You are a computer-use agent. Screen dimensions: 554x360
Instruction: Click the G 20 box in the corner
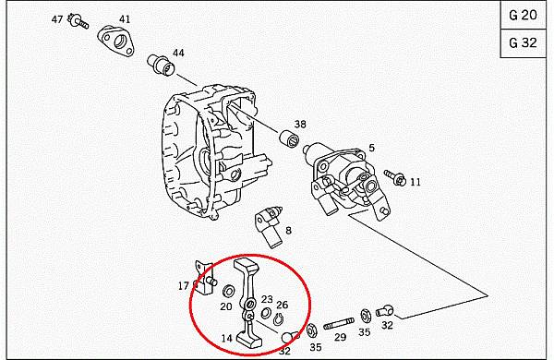pyautogui.click(x=523, y=15)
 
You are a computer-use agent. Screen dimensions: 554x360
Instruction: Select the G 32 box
pyautogui.click(x=523, y=43)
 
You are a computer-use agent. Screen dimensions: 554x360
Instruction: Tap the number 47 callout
pyautogui.click(x=57, y=19)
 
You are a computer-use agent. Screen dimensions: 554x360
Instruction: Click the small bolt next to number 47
pyautogui.click(x=78, y=21)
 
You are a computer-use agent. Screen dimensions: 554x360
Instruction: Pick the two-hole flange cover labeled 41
pyautogui.click(x=115, y=42)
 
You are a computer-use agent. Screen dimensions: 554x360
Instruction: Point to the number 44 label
pyautogui.click(x=178, y=53)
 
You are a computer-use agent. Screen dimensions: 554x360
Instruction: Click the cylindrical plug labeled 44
pyautogui.click(x=161, y=65)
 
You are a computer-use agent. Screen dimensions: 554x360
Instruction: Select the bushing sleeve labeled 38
pyautogui.click(x=289, y=139)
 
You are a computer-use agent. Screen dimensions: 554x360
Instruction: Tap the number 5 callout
pyautogui.click(x=371, y=148)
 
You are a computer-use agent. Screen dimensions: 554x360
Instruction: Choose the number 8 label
pyautogui.click(x=289, y=231)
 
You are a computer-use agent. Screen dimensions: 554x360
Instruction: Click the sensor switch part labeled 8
pyautogui.click(x=269, y=226)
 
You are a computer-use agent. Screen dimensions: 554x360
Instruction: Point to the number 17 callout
pyautogui.click(x=184, y=286)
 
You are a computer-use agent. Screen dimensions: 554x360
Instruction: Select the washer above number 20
pyautogui.click(x=228, y=291)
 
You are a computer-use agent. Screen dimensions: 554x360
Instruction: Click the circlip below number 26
pyautogui.click(x=279, y=319)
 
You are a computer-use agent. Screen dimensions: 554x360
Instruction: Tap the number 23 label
pyautogui.click(x=267, y=300)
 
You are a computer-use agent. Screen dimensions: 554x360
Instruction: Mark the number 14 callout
pyautogui.click(x=227, y=339)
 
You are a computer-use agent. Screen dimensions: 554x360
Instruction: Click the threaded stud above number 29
pyautogui.click(x=339, y=324)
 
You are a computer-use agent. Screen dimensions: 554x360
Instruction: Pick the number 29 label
pyautogui.click(x=340, y=337)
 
